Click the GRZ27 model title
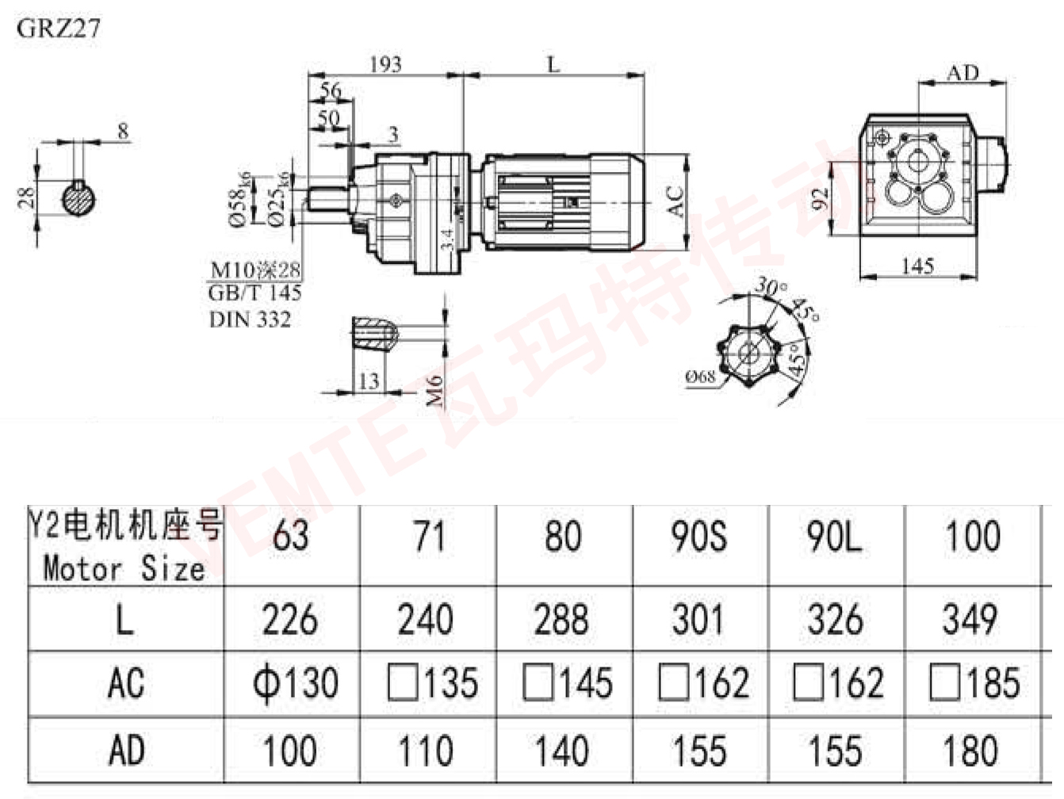coord(59,29)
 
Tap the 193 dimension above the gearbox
coord(385,64)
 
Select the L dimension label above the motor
coord(553,63)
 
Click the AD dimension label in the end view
coord(963,73)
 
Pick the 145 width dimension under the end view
coord(917,266)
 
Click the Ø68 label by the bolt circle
coord(699,377)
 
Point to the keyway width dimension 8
coord(123,131)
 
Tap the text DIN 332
coord(250,319)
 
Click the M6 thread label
coord(435,391)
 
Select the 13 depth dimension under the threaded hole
coord(369,381)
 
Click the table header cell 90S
coord(698,537)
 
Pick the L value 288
coord(561,620)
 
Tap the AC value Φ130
coord(295,683)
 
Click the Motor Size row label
coord(124,568)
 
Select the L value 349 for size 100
coord(971,620)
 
